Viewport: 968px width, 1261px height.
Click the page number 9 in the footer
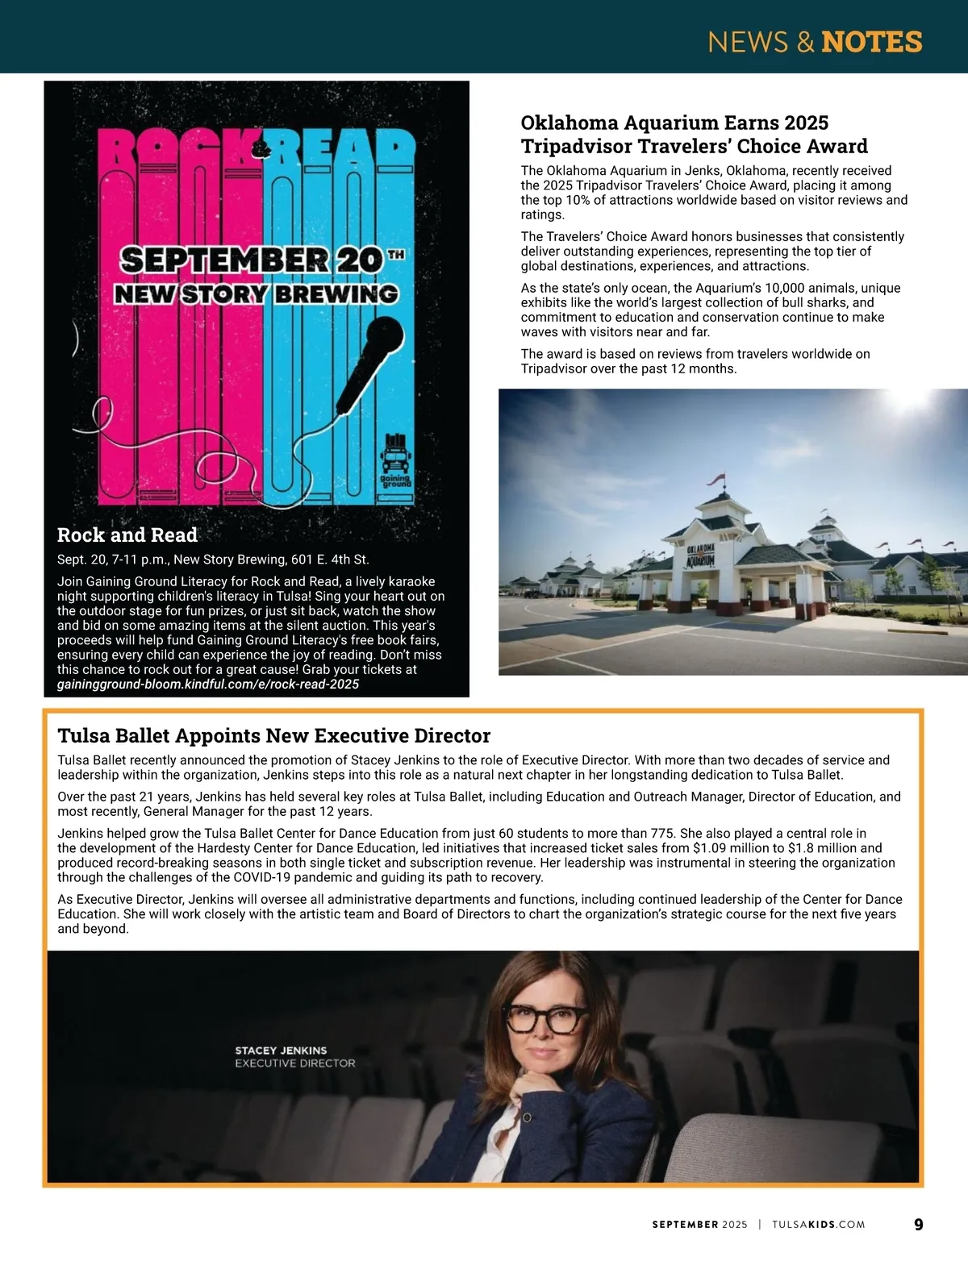(x=918, y=1224)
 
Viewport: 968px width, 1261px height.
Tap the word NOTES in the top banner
(x=871, y=42)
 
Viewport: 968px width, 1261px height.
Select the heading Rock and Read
(x=127, y=535)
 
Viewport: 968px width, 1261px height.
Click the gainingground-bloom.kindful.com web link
(x=208, y=685)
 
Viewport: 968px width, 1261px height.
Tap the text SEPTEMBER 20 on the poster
(x=251, y=260)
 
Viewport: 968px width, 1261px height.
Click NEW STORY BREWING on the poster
(x=256, y=294)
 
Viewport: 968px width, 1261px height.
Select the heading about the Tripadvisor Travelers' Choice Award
(x=694, y=135)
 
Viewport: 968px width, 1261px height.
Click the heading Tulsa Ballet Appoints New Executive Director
(x=273, y=735)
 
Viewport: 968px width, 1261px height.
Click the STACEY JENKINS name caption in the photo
(x=281, y=1051)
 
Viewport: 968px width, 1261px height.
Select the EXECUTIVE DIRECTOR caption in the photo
(x=294, y=1063)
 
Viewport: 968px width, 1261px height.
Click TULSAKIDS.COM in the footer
(x=818, y=1224)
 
